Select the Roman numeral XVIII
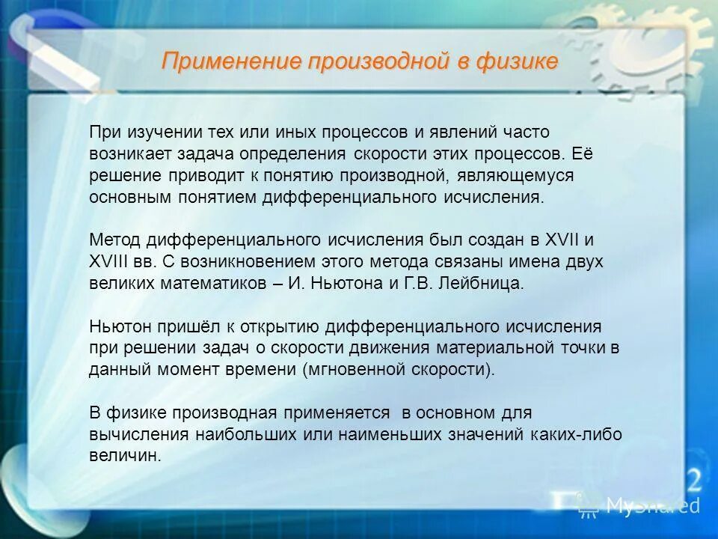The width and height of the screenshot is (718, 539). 113,263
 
